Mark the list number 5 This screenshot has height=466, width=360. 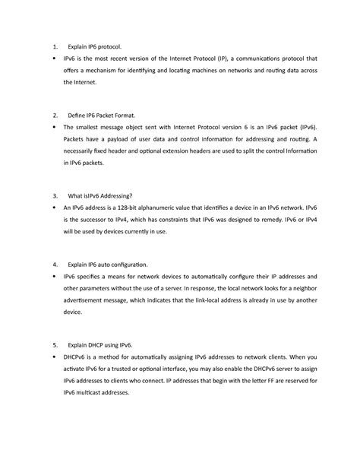(x=53, y=345)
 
